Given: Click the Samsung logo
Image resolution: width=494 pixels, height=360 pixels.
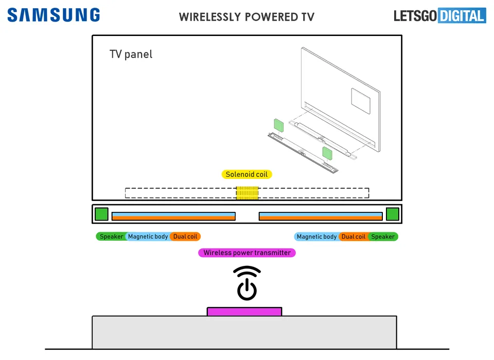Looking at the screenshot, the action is click(x=54, y=15).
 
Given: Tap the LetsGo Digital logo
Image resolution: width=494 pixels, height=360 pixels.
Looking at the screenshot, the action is click(x=440, y=16).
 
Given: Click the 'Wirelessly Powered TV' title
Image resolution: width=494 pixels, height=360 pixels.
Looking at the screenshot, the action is click(x=246, y=17).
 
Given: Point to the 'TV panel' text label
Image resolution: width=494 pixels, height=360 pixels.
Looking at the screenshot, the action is click(x=131, y=54).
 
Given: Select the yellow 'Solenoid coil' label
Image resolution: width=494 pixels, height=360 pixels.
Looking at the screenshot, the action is click(x=246, y=174).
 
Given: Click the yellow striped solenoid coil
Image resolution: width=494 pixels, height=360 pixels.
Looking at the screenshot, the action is click(x=248, y=193).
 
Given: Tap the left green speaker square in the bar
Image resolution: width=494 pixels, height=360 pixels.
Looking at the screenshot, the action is click(x=101, y=214).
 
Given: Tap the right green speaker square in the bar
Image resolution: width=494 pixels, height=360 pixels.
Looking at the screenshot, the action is click(x=393, y=214).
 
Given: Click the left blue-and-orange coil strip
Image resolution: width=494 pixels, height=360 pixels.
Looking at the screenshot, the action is click(x=173, y=216).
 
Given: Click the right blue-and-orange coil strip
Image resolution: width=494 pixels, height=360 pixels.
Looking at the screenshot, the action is click(x=321, y=216).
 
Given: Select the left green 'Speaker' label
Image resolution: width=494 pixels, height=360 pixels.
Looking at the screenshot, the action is click(x=111, y=237).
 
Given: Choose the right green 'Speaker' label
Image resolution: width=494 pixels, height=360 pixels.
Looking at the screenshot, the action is click(x=383, y=237).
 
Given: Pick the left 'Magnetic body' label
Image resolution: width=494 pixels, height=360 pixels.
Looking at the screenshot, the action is click(x=148, y=237).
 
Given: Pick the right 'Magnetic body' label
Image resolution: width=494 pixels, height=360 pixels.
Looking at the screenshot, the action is click(x=316, y=237).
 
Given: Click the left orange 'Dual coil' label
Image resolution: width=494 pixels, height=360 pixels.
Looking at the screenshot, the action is click(x=185, y=237).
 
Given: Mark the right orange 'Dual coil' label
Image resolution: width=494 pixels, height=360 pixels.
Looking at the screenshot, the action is click(x=354, y=237).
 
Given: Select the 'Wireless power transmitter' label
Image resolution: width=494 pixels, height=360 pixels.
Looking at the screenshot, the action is click(x=247, y=253).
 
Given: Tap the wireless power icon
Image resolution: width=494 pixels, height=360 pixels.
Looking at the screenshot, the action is click(x=247, y=283).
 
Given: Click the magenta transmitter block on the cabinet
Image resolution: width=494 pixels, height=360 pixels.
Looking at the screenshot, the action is click(x=244, y=312).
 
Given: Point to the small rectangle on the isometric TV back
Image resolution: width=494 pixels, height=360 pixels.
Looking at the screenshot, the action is click(x=361, y=101).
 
